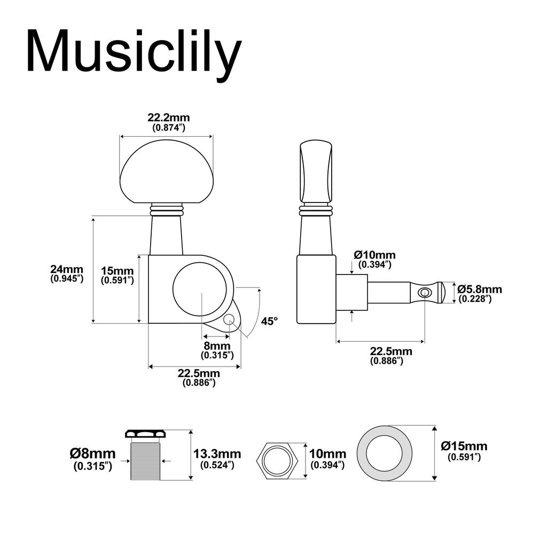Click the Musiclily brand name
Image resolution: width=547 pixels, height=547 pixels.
(134, 52)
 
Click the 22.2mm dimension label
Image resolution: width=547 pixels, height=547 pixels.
(168, 118)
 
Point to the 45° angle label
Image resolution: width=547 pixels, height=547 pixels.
(270, 321)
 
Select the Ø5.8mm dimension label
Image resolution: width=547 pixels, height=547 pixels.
(479, 290)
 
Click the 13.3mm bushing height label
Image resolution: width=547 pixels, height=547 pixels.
(217, 454)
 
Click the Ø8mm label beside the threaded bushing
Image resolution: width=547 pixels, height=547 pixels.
(92, 454)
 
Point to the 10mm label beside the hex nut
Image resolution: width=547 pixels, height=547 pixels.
(327, 454)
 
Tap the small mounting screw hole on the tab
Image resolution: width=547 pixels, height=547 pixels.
(229, 319)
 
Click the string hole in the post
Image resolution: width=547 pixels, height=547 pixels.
(425, 292)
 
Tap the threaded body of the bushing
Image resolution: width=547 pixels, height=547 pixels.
(145, 460)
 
